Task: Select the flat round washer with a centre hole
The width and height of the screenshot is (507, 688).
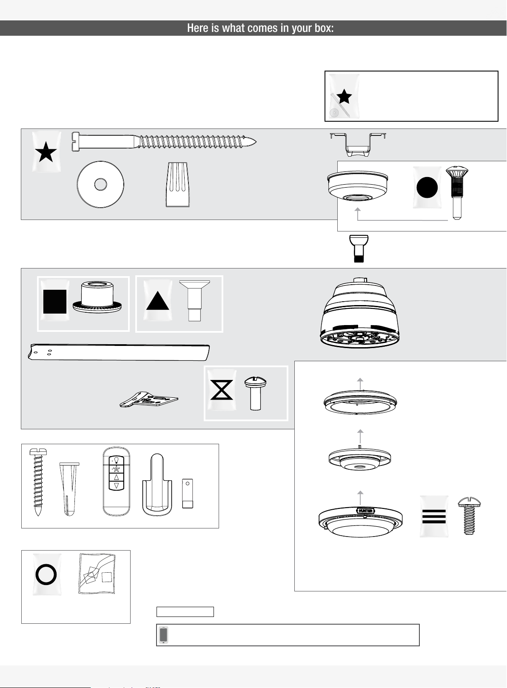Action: [x=100, y=185]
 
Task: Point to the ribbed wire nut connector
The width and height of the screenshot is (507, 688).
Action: [x=177, y=185]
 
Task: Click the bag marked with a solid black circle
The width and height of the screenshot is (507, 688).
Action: [x=427, y=188]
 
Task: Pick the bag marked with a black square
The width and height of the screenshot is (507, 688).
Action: [x=55, y=301]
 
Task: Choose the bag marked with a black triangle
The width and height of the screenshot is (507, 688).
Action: [x=158, y=301]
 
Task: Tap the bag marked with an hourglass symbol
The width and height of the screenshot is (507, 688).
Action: [x=222, y=390]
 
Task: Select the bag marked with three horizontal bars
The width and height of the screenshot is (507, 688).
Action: [x=434, y=516]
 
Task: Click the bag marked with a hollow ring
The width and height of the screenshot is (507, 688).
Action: [x=46, y=574]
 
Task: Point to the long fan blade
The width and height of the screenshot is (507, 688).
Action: [x=119, y=352]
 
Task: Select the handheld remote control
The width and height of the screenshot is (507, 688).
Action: [x=116, y=481]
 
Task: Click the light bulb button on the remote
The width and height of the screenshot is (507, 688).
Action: [x=116, y=460]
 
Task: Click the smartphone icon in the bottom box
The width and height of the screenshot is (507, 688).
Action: [x=163, y=635]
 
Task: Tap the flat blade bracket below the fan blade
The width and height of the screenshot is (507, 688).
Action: [x=149, y=400]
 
